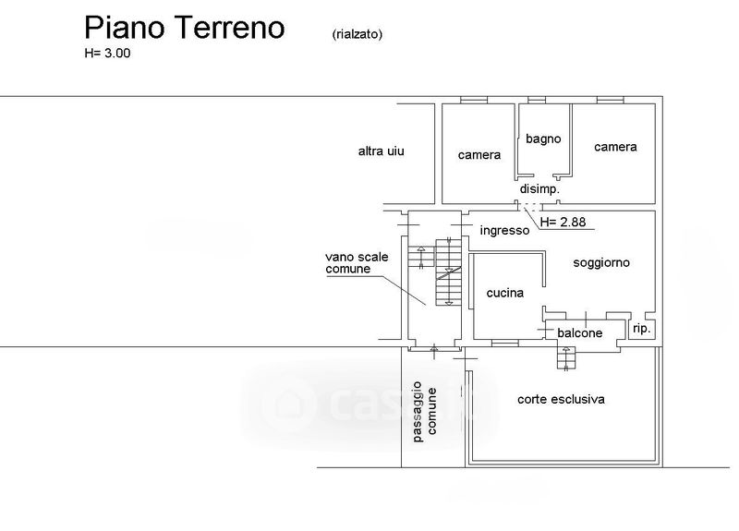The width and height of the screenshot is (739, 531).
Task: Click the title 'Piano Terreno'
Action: pos(184,28)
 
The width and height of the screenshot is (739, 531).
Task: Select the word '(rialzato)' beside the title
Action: pos(357,34)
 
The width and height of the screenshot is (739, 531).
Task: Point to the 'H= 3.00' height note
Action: pos(107,54)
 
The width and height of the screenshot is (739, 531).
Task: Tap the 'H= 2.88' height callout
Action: pos(563,222)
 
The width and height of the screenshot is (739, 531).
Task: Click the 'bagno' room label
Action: pos(543,139)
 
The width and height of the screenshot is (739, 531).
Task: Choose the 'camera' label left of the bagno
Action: pos(479,155)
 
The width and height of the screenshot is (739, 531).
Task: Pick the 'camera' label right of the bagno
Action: pos(615,147)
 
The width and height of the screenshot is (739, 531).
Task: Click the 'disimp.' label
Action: pos(539,189)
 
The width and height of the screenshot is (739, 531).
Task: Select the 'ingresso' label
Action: pos(504,230)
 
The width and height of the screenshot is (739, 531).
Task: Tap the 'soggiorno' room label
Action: pos(601,263)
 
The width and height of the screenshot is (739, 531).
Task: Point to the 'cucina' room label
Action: pos(505,293)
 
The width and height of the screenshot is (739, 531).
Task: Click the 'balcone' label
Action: pos(580,333)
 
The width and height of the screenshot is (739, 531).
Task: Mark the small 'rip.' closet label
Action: pos(641,329)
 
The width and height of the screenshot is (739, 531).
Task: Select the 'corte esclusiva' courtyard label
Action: pos(561,400)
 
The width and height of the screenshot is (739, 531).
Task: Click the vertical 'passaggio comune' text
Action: pos(425,411)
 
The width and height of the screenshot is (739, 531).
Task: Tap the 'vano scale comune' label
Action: pos(357,263)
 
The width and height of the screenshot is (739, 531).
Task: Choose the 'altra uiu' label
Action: pos(382,151)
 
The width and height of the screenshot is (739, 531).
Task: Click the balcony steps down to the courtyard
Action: pos(566,358)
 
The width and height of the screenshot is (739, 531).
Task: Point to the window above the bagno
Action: pos(537,100)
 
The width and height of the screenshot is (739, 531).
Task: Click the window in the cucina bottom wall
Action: pos(505,343)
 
